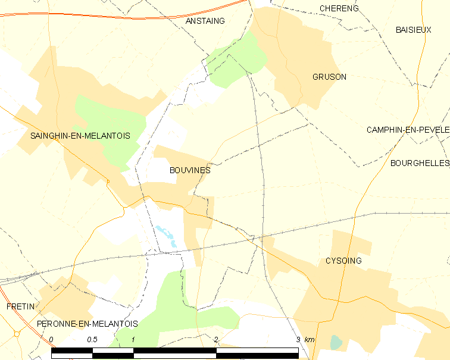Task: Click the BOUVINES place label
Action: (190, 170)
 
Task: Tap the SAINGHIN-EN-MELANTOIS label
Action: (80, 136)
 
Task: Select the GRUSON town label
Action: (329, 77)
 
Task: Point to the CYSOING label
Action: (343, 261)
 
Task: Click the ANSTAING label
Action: (205, 21)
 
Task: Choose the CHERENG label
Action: (339, 8)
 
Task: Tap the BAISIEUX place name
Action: (413, 30)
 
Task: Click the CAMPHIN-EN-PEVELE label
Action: (408, 130)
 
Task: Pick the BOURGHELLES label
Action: (420, 162)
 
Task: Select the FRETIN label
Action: (20, 306)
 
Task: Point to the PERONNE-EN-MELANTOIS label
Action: (87, 324)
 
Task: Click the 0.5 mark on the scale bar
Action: (92, 340)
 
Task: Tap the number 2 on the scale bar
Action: (216, 340)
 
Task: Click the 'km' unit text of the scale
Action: (310, 340)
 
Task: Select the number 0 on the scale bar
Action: (52, 340)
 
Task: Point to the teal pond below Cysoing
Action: (336, 342)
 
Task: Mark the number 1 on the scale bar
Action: (134, 340)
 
